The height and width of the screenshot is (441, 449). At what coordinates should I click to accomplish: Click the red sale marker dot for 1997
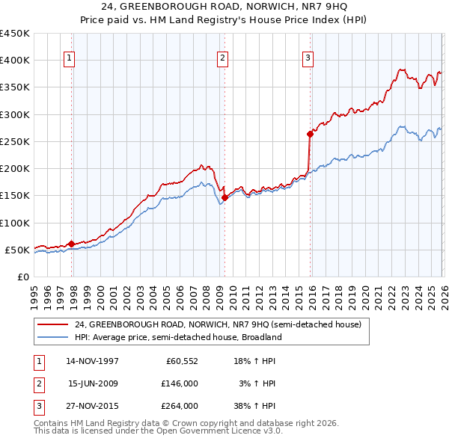tap(72, 244)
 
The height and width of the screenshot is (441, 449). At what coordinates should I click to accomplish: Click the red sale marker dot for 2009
tap(225, 197)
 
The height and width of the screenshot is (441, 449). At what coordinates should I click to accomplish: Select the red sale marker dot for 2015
tap(310, 135)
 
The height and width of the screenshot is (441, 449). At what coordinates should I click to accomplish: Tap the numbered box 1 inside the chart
tap(70, 58)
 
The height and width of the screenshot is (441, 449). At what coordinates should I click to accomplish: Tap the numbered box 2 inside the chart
tap(223, 58)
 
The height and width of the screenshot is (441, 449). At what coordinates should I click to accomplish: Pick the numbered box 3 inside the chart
tap(308, 58)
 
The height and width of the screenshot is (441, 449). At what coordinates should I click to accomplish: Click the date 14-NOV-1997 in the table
tap(93, 361)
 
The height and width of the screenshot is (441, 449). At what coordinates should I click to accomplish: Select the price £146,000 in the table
tap(180, 383)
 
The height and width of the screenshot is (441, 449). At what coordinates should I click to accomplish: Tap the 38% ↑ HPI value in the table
tap(257, 406)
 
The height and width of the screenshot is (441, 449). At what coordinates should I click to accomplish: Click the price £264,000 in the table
tap(180, 406)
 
